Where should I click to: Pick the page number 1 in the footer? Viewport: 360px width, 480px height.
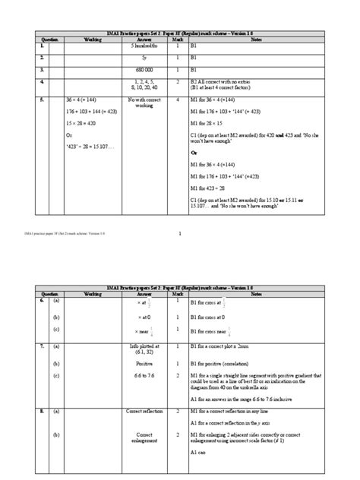(x=180, y=233)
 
